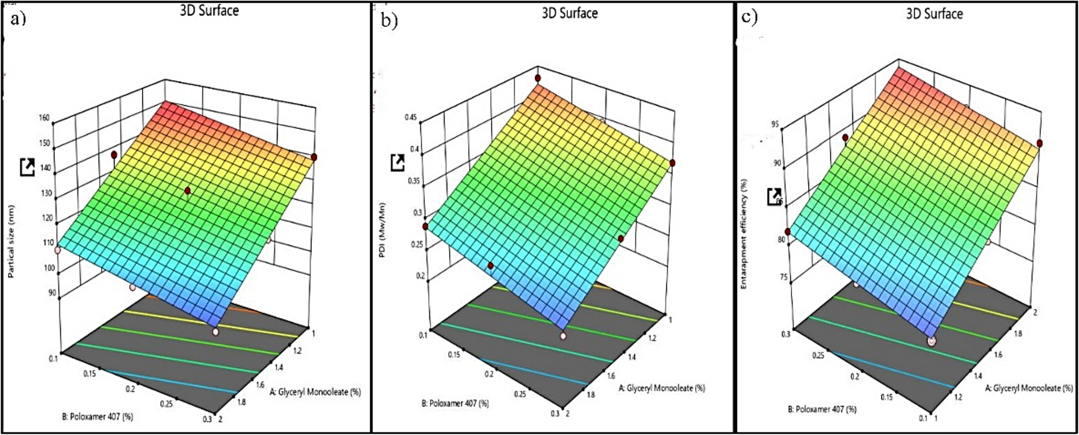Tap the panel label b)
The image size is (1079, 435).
pos(389,20)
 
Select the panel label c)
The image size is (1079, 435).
pos(749,17)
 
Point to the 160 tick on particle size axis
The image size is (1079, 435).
pos(44,118)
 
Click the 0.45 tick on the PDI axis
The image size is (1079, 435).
pos(410,117)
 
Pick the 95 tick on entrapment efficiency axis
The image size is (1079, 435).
pos(775,125)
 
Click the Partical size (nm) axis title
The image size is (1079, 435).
pos(11,241)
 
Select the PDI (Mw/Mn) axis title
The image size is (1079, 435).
pos(382,230)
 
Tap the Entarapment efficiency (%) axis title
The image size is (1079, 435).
pos(744,234)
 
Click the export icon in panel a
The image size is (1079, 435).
pos(27,167)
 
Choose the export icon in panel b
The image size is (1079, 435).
pos(398,162)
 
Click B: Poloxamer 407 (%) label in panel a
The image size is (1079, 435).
pos(98,417)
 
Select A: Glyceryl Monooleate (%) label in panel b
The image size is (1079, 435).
pos(662,388)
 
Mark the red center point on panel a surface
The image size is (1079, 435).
pos(188,191)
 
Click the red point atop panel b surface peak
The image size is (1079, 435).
pos(538,78)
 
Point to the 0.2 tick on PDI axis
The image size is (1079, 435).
pos(420,276)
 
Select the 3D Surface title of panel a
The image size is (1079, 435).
pos(209,11)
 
